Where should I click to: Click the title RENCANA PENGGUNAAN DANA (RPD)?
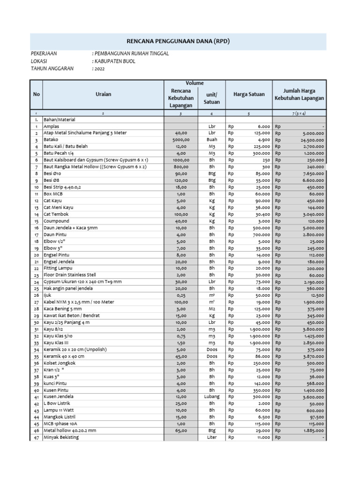[x=180, y=41]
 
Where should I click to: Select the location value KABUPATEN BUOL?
[x=115, y=61]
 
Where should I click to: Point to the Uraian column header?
[x=103, y=95]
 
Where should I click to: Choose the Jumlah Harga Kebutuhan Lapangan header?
[x=300, y=94]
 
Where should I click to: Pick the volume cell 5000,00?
[x=180, y=140]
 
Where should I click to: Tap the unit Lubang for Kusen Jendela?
[x=212, y=397]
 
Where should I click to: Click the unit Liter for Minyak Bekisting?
[x=212, y=437]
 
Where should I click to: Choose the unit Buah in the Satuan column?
[x=212, y=140]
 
